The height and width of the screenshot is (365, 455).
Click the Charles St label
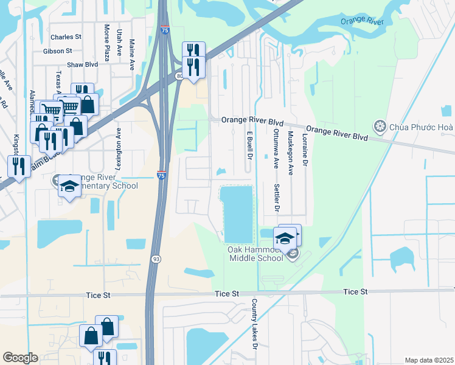click(x=66, y=37)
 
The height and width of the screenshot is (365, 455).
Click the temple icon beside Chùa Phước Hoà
click(x=380, y=127)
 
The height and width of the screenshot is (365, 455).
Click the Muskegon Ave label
click(x=291, y=153)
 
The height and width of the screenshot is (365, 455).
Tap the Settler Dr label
click(x=276, y=198)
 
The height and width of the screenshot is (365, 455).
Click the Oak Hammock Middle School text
click(x=255, y=254)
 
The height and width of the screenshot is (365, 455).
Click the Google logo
click(x=20, y=358)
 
